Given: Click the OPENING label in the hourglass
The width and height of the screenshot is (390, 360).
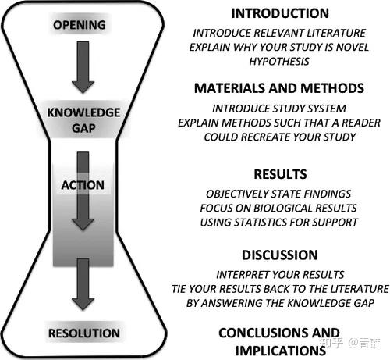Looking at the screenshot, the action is click(x=80, y=25).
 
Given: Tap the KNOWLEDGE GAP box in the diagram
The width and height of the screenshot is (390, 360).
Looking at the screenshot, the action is click(x=83, y=120).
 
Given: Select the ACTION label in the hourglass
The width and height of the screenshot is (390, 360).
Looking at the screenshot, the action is click(x=83, y=185).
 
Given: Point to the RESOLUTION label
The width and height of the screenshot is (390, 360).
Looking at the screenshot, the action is click(x=84, y=333).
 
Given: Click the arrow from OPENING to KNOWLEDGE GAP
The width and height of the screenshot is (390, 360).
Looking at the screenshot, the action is click(x=83, y=67).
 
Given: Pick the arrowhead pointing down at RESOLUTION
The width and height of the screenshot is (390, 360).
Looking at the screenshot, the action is click(x=83, y=304).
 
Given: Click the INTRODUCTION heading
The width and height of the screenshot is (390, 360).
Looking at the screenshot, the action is click(x=280, y=13).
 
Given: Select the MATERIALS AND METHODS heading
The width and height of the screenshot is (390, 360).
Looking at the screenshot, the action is click(x=279, y=88).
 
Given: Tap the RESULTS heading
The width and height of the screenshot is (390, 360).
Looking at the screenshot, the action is click(x=280, y=174).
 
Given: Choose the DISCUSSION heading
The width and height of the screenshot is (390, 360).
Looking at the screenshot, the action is click(x=280, y=255).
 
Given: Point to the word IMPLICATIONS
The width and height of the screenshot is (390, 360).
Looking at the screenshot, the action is click(x=281, y=351).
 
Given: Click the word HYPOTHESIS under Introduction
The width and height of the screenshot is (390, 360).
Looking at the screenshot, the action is click(x=279, y=62).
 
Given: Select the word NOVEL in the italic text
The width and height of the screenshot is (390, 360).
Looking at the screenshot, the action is click(x=353, y=47).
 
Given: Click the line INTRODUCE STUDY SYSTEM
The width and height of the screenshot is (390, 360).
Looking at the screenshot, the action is click(x=279, y=109).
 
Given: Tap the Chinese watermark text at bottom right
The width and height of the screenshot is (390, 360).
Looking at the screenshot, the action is click(x=349, y=343).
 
